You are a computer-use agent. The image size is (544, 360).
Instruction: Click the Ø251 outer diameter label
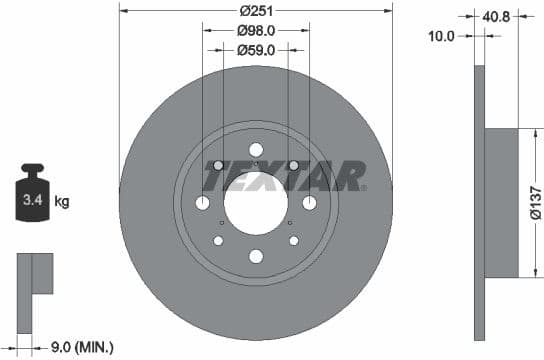(x=255, y=12)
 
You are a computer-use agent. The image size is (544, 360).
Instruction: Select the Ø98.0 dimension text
(x=255, y=30)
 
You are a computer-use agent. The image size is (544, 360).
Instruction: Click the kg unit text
(x=62, y=202)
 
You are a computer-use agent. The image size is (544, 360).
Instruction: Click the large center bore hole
(x=255, y=204)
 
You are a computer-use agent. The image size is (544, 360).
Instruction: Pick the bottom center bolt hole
(x=255, y=256)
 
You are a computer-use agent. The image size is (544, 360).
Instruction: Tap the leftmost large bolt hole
(x=203, y=204)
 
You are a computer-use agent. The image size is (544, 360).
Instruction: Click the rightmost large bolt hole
(x=308, y=204)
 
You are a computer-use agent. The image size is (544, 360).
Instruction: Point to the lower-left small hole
(x=218, y=241)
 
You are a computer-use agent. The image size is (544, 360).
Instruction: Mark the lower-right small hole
(x=293, y=241)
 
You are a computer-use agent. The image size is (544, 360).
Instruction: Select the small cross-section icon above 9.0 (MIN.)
(x=34, y=275)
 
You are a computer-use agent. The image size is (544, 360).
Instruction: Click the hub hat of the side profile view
(x=503, y=204)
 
